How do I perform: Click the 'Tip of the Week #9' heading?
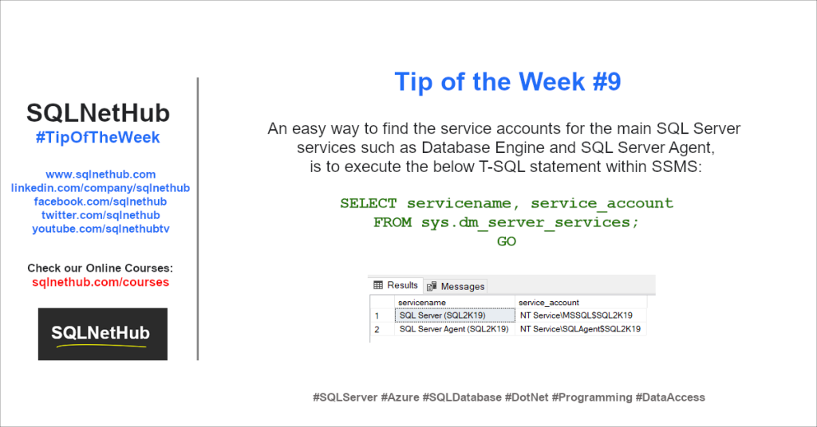(x=507, y=82)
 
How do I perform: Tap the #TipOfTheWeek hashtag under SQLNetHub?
(x=98, y=138)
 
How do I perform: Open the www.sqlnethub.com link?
(x=101, y=174)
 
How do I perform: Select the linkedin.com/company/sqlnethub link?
(x=101, y=188)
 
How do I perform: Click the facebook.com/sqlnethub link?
(x=101, y=202)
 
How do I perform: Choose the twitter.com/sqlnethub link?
(x=101, y=215)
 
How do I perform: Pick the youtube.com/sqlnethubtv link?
(x=101, y=229)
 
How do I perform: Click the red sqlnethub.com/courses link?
(x=101, y=282)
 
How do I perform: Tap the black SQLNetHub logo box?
(x=103, y=334)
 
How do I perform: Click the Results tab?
(x=397, y=285)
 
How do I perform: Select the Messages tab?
(x=456, y=286)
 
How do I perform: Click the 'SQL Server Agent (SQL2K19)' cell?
(x=454, y=329)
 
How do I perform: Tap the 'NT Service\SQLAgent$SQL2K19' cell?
(x=581, y=329)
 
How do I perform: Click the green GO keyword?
(x=507, y=241)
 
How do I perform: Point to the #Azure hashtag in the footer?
(x=400, y=398)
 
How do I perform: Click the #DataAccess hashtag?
(x=670, y=398)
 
